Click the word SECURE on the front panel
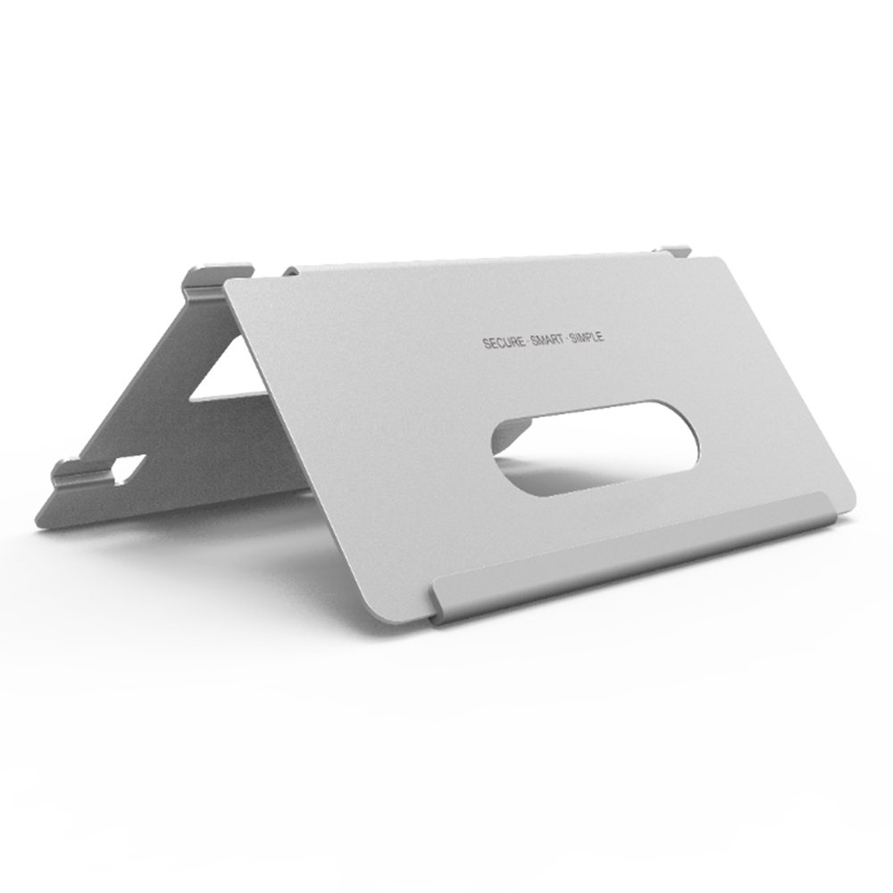click(504, 343)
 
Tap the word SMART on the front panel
click(547, 340)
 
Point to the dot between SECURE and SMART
click(528, 342)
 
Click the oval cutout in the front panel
click(595, 447)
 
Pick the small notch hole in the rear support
click(127, 468)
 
